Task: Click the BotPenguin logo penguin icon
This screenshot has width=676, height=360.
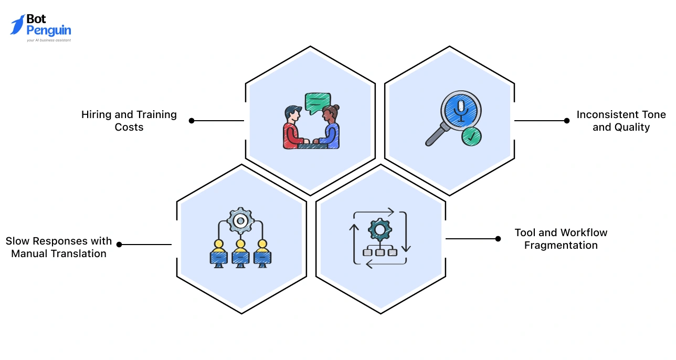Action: (x=17, y=25)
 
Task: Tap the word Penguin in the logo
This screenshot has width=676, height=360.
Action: (x=48, y=30)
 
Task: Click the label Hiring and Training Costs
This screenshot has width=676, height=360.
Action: (x=129, y=121)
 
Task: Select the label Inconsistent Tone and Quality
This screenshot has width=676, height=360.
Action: (x=621, y=121)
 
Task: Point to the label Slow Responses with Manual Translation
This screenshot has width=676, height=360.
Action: (x=59, y=247)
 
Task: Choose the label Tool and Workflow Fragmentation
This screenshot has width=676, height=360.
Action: (x=561, y=239)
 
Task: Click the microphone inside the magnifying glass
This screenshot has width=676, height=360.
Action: (x=461, y=110)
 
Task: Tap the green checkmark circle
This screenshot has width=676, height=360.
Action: (x=472, y=136)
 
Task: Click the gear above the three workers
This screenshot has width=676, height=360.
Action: (x=240, y=221)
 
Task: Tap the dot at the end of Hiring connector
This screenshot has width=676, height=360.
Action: (x=192, y=121)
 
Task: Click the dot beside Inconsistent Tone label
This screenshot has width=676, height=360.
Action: (x=567, y=121)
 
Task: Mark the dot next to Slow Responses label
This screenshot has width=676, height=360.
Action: (x=119, y=245)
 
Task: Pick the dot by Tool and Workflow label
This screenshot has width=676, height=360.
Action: (x=498, y=239)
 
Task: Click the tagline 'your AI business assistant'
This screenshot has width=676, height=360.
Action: (x=48, y=40)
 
